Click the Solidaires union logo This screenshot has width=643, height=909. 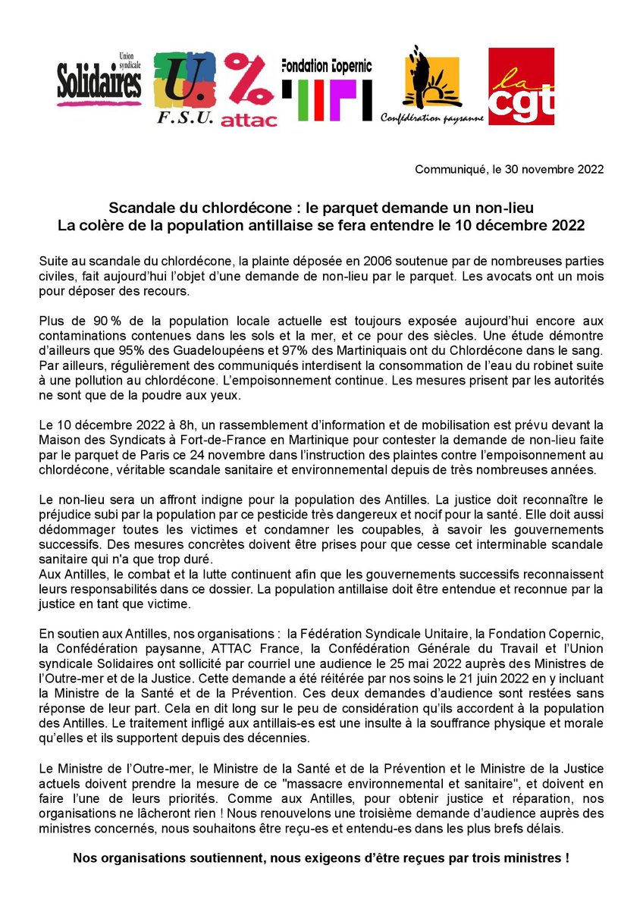click(x=99, y=80)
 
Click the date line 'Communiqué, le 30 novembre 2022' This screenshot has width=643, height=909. click(x=509, y=169)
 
